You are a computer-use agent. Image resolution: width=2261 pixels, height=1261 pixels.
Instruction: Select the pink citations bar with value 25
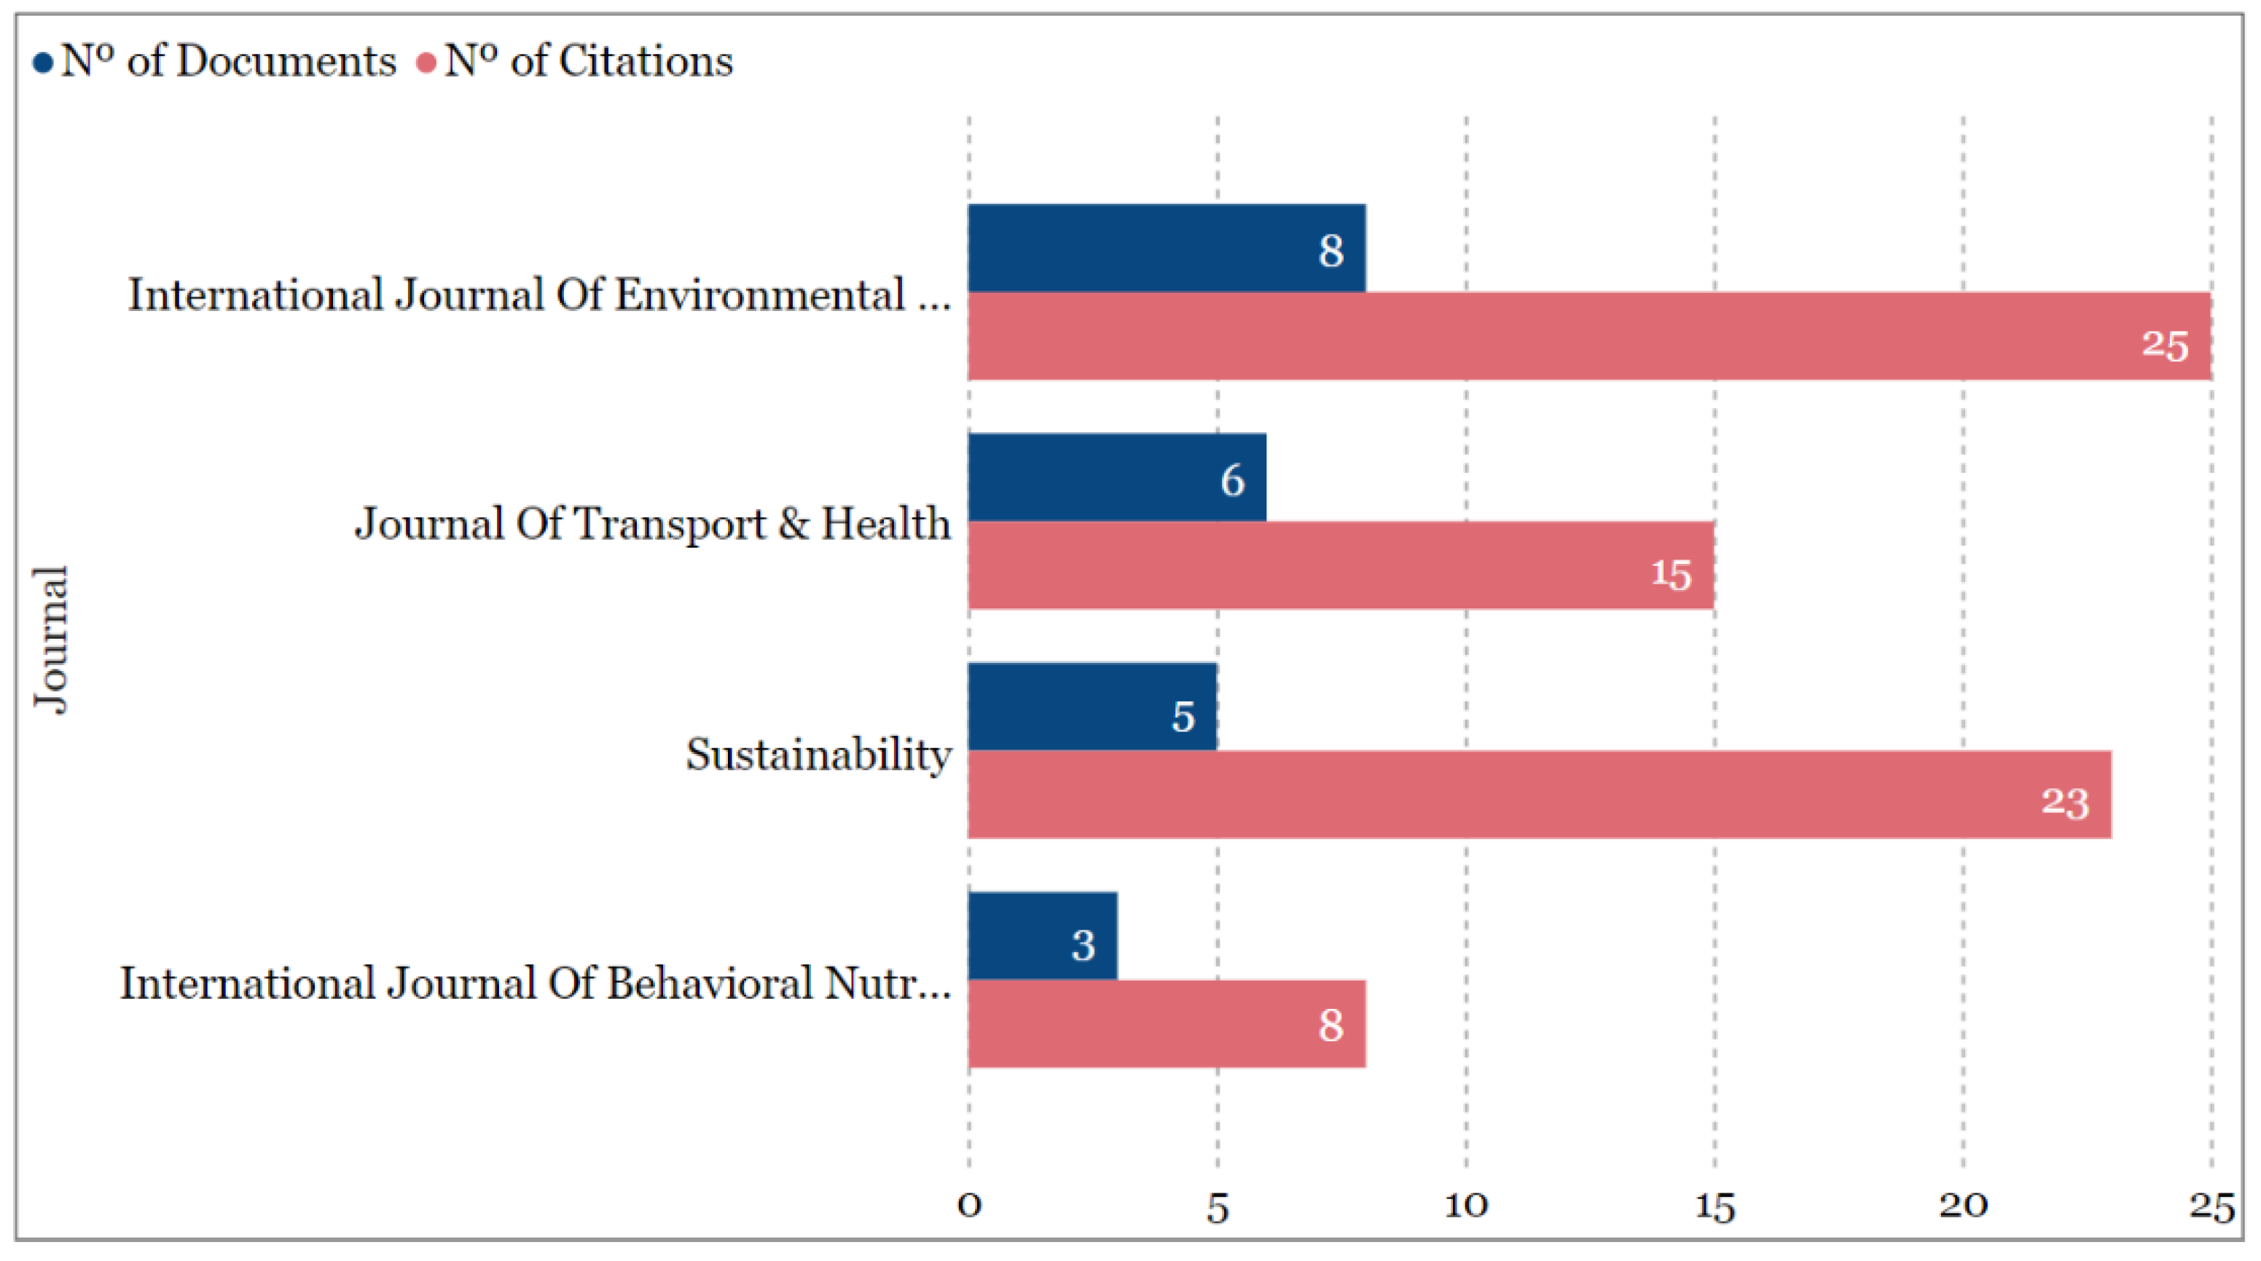1588,336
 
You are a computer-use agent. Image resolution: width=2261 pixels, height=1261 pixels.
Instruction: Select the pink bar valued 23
1539,795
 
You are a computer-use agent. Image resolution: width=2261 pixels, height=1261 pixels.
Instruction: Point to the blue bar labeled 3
1042,935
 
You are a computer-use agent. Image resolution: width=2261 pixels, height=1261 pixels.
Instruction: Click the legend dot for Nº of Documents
42,63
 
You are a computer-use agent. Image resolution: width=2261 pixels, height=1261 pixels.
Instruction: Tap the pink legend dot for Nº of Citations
426,63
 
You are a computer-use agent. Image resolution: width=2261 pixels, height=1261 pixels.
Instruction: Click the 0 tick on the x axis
969,1206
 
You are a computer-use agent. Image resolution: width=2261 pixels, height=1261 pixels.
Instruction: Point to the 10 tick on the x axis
1466,1206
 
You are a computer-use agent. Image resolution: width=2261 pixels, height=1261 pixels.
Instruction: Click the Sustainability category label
818,754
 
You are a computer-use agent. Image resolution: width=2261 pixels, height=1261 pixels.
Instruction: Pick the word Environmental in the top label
760,295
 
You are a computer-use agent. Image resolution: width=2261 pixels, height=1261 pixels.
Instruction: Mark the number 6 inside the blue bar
1232,481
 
